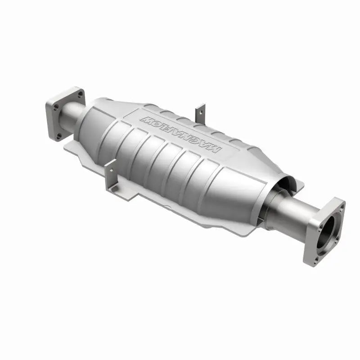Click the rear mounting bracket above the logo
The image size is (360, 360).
tap(200, 112)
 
